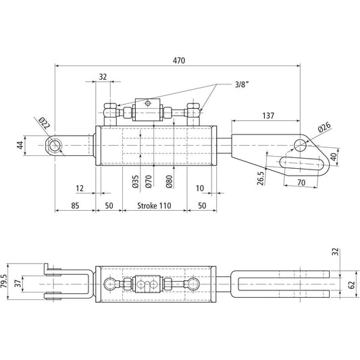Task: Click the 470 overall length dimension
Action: point(179,60)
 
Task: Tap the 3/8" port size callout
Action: point(241,84)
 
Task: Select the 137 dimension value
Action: point(268,116)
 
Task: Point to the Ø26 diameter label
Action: point(323,127)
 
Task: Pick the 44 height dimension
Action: point(20,145)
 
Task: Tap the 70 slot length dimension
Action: point(302,183)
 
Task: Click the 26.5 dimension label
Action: point(261,178)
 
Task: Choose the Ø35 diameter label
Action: point(136,180)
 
